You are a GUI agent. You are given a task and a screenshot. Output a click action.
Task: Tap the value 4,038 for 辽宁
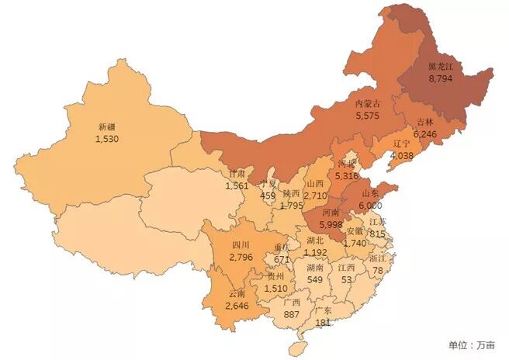[x=403, y=155]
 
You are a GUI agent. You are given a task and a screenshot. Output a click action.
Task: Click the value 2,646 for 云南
[x=237, y=306]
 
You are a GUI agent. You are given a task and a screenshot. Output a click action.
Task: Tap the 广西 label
[x=294, y=303]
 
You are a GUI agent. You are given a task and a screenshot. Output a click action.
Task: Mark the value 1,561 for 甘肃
[x=237, y=186]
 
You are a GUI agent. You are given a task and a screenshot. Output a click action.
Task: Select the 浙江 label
[x=379, y=258]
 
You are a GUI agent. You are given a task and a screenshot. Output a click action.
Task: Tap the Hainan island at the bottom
[x=296, y=347]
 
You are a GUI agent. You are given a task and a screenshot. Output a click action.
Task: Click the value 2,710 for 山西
[x=314, y=196]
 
